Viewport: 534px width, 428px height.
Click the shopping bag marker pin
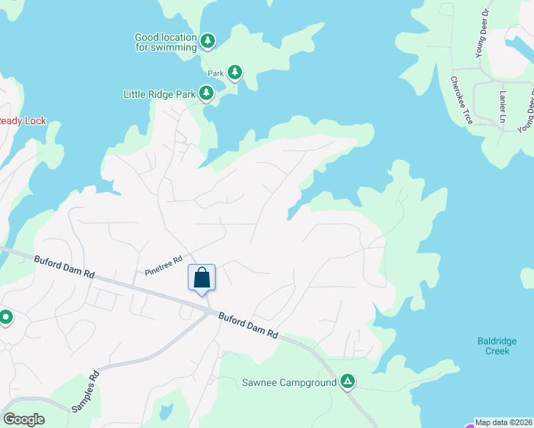(201, 277)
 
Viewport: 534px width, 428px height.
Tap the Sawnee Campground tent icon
(347, 382)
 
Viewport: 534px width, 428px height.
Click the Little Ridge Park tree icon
(206, 93)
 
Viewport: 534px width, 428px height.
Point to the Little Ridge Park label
(159, 93)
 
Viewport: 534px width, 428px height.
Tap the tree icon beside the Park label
(234, 72)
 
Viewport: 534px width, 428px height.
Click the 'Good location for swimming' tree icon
(207, 41)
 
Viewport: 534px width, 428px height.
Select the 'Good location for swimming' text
(166, 42)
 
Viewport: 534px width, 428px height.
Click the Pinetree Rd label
(163, 265)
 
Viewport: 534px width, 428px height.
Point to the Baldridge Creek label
(493, 346)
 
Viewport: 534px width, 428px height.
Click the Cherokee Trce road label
(461, 100)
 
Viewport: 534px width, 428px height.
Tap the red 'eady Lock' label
(22, 121)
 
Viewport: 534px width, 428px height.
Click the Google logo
(24, 419)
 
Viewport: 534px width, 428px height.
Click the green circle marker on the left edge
(6, 317)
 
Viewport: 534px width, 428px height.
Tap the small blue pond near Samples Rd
(166, 411)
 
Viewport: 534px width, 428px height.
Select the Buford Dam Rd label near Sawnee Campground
(247, 326)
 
